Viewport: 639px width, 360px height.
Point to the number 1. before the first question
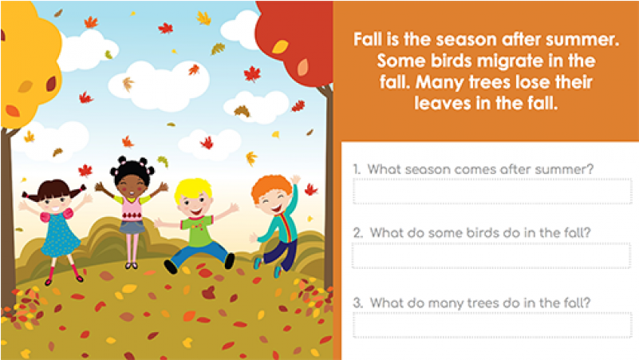357,169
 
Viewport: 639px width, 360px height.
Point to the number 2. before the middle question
358,232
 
